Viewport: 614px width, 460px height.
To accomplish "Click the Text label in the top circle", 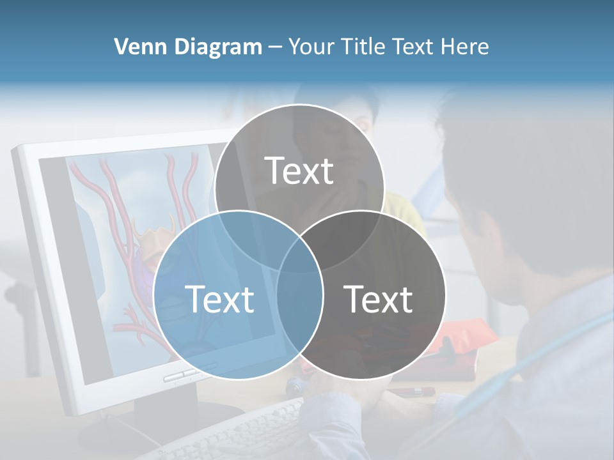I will (x=299, y=171).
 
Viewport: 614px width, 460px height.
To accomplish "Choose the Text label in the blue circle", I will (x=219, y=299).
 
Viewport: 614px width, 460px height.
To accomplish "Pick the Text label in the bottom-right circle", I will (x=379, y=299).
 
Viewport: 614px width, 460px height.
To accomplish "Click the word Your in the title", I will (x=311, y=47).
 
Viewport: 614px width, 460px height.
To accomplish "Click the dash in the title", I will (x=275, y=47).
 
